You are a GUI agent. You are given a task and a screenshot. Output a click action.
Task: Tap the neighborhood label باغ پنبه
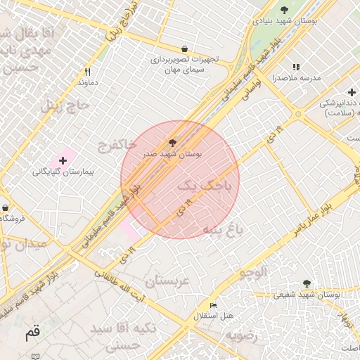222,229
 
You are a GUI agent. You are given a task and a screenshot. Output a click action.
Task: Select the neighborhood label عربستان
167,281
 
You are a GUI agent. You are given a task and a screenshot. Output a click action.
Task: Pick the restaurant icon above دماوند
87,72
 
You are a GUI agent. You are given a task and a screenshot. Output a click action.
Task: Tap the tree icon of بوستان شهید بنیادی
284,10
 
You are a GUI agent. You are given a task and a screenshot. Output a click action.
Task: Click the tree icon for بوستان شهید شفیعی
307,283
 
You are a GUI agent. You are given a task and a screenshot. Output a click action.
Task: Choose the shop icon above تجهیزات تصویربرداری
184,49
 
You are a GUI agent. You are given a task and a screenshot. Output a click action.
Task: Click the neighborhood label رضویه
243,334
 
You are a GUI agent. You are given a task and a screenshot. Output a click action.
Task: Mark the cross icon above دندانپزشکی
352,92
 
